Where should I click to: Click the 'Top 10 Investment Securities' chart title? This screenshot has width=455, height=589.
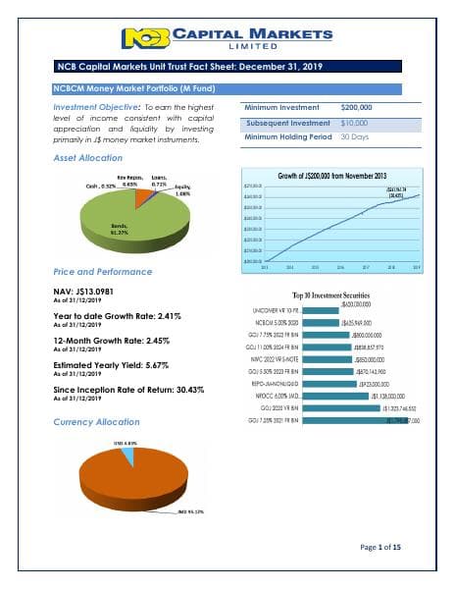pyautogui.click(x=336, y=294)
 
